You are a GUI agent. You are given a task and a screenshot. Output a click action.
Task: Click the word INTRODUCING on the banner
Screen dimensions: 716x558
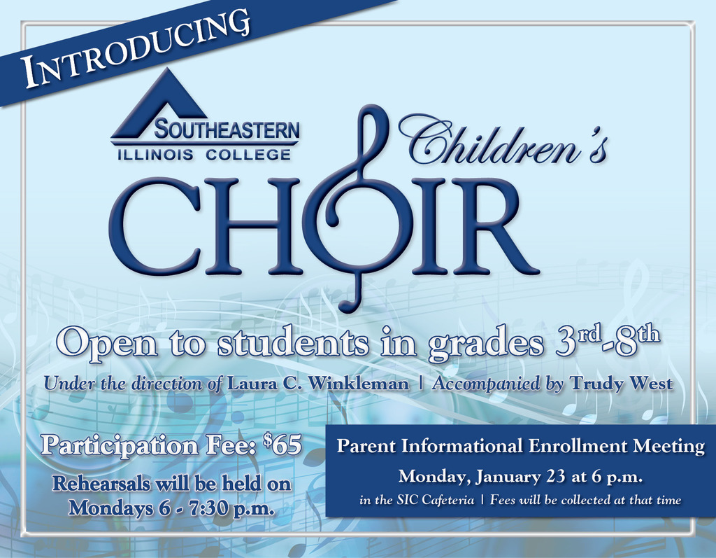point(137,49)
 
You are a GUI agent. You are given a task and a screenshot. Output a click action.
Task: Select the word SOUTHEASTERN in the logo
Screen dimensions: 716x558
point(227,130)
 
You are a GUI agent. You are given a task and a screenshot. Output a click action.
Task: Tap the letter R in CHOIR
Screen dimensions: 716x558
point(493,226)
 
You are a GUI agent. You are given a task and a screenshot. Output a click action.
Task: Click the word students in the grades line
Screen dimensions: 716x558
point(292,343)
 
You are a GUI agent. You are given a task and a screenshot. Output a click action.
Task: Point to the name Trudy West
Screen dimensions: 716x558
point(622,383)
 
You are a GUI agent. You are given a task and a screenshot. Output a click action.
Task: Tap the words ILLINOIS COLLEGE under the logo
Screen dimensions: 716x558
point(204,155)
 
